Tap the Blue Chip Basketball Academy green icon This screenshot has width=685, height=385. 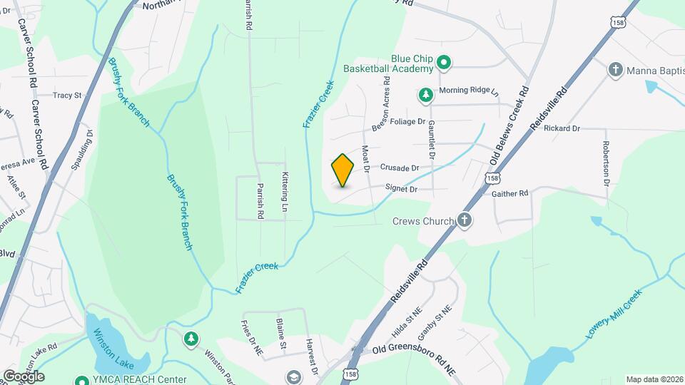pyautogui.click(x=443, y=63)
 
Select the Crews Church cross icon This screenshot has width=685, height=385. pyautogui.click(x=465, y=220)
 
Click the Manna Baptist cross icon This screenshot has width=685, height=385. pyautogui.click(x=615, y=70)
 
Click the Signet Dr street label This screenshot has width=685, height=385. pyautogui.click(x=400, y=190)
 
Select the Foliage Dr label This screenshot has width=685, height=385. pyautogui.click(x=407, y=122)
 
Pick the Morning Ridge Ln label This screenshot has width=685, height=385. pyautogui.click(x=467, y=91)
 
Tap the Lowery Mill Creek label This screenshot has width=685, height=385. pyautogui.click(x=614, y=314)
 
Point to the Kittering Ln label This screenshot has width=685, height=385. pyautogui.click(x=284, y=192)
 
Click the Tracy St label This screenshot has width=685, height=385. pyautogui.click(x=68, y=95)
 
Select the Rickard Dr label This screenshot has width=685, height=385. pyautogui.click(x=562, y=128)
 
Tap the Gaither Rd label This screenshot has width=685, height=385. pyautogui.click(x=509, y=193)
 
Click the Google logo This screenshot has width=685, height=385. pyautogui.click(x=24, y=376)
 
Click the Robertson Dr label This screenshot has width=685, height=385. pyautogui.click(x=606, y=163)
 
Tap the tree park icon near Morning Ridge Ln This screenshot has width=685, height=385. pyautogui.click(x=425, y=94)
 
